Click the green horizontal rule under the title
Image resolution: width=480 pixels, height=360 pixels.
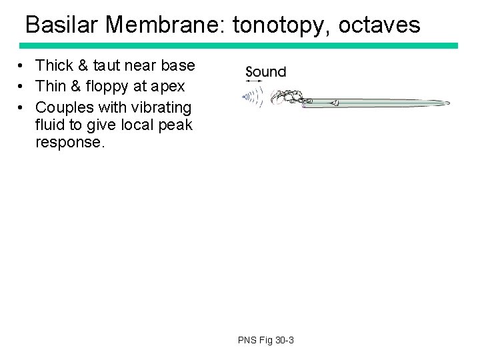point(239,45)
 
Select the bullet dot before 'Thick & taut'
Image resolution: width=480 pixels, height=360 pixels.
point(22,65)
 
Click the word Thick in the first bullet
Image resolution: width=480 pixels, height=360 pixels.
point(53,65)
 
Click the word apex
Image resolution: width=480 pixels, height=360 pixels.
point(168,87)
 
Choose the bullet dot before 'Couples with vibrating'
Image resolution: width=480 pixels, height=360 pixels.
point(22,107)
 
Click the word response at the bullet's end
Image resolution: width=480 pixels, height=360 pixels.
point(70,142)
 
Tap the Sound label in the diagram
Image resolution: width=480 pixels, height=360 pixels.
point(265,72)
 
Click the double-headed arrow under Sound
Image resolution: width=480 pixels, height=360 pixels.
point(255,83)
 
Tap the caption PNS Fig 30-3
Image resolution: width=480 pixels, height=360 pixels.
point(265,341)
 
